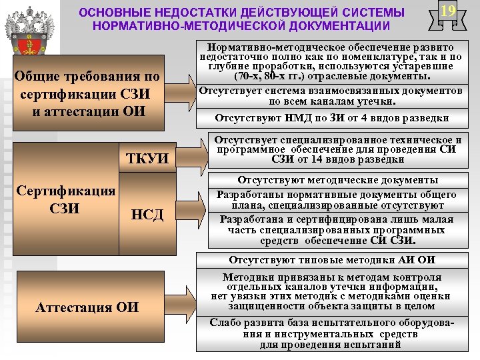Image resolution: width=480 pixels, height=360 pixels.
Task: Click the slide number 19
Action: [448, 11]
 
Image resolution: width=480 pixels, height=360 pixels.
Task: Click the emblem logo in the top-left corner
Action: [29, 29]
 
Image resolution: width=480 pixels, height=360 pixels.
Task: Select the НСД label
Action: [147, 213]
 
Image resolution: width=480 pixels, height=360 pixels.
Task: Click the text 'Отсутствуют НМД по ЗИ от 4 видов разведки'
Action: [331, 119]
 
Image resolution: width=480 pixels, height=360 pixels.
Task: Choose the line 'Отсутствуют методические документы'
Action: [331, 180]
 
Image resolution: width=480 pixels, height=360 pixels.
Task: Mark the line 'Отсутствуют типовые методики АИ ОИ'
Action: [331, 259]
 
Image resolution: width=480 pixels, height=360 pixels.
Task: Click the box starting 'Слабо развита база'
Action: [331, 333]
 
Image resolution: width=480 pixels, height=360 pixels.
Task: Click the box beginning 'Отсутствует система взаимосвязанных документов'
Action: [331, 96]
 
